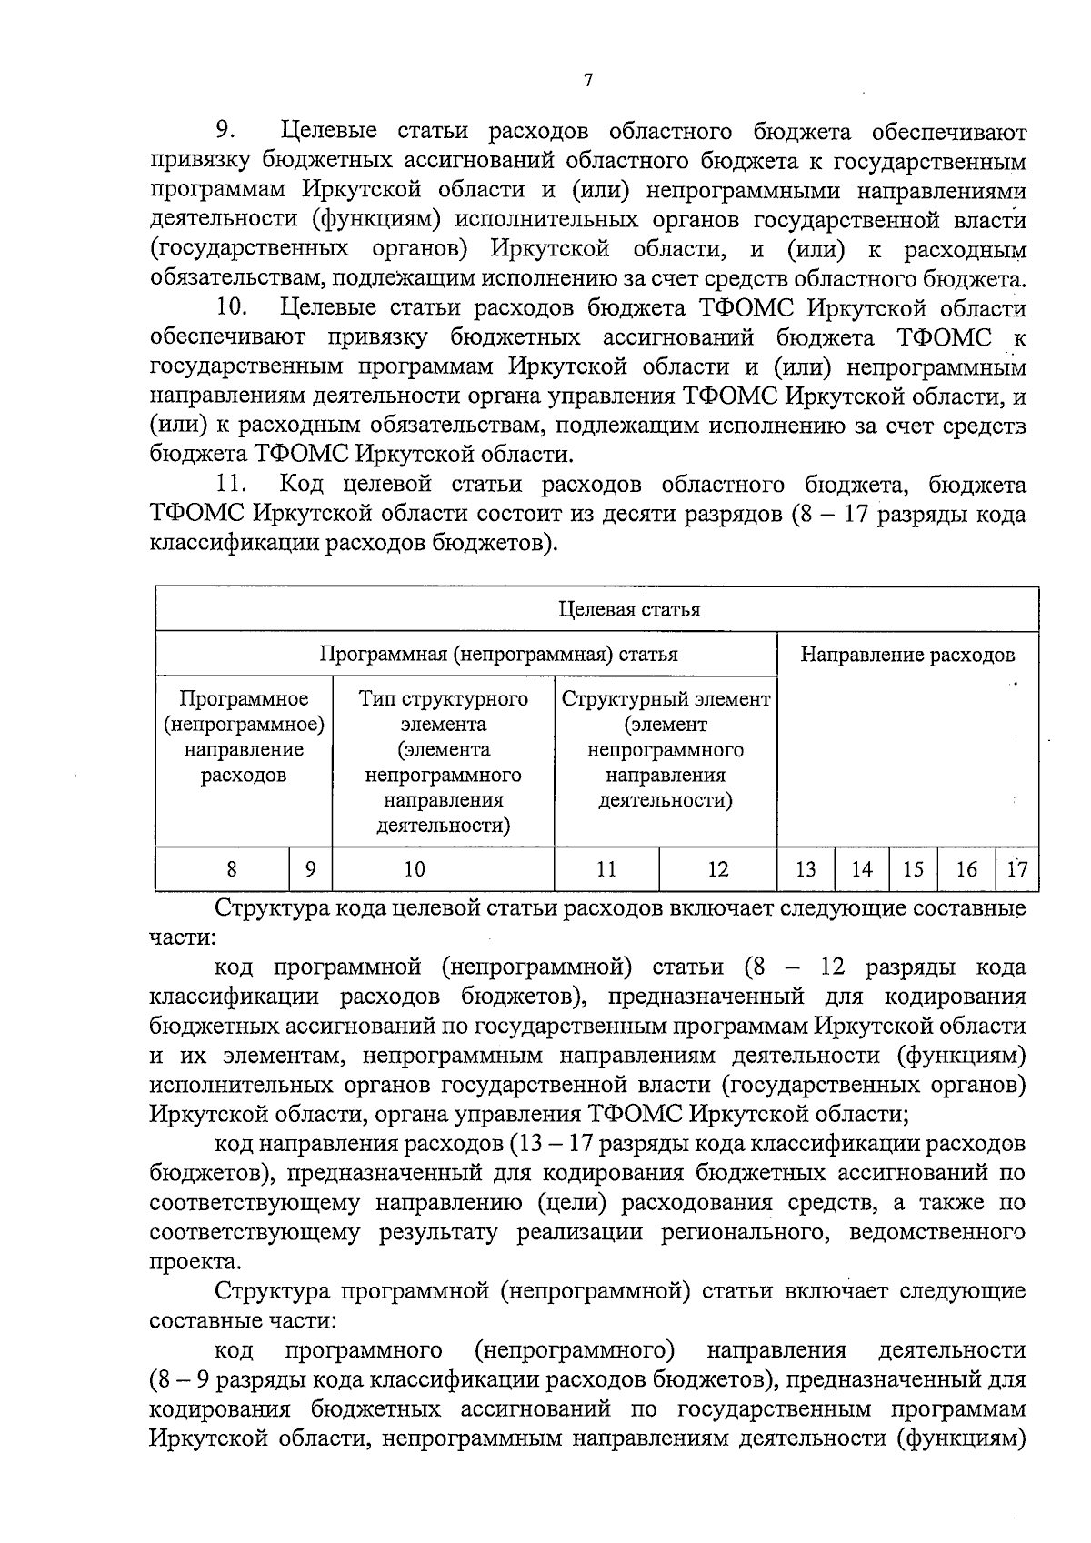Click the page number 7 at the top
[587, 81]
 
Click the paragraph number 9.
[225, 132]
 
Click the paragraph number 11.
[233, 484]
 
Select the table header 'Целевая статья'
[629, 609]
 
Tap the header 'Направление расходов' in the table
[907, 655]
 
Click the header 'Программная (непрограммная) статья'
[498, 654]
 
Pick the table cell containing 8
[232, 869]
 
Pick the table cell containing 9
[311, 869]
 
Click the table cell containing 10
[415, 869]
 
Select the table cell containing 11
[606, 869]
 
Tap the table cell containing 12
[718, 869]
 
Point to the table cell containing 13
[806, 869]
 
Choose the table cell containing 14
[862, 869]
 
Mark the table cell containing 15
[913, 869]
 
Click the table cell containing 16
[966, 869]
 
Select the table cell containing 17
[1017, 869]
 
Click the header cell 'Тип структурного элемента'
[444, 762]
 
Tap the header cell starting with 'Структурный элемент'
[666, 749]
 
